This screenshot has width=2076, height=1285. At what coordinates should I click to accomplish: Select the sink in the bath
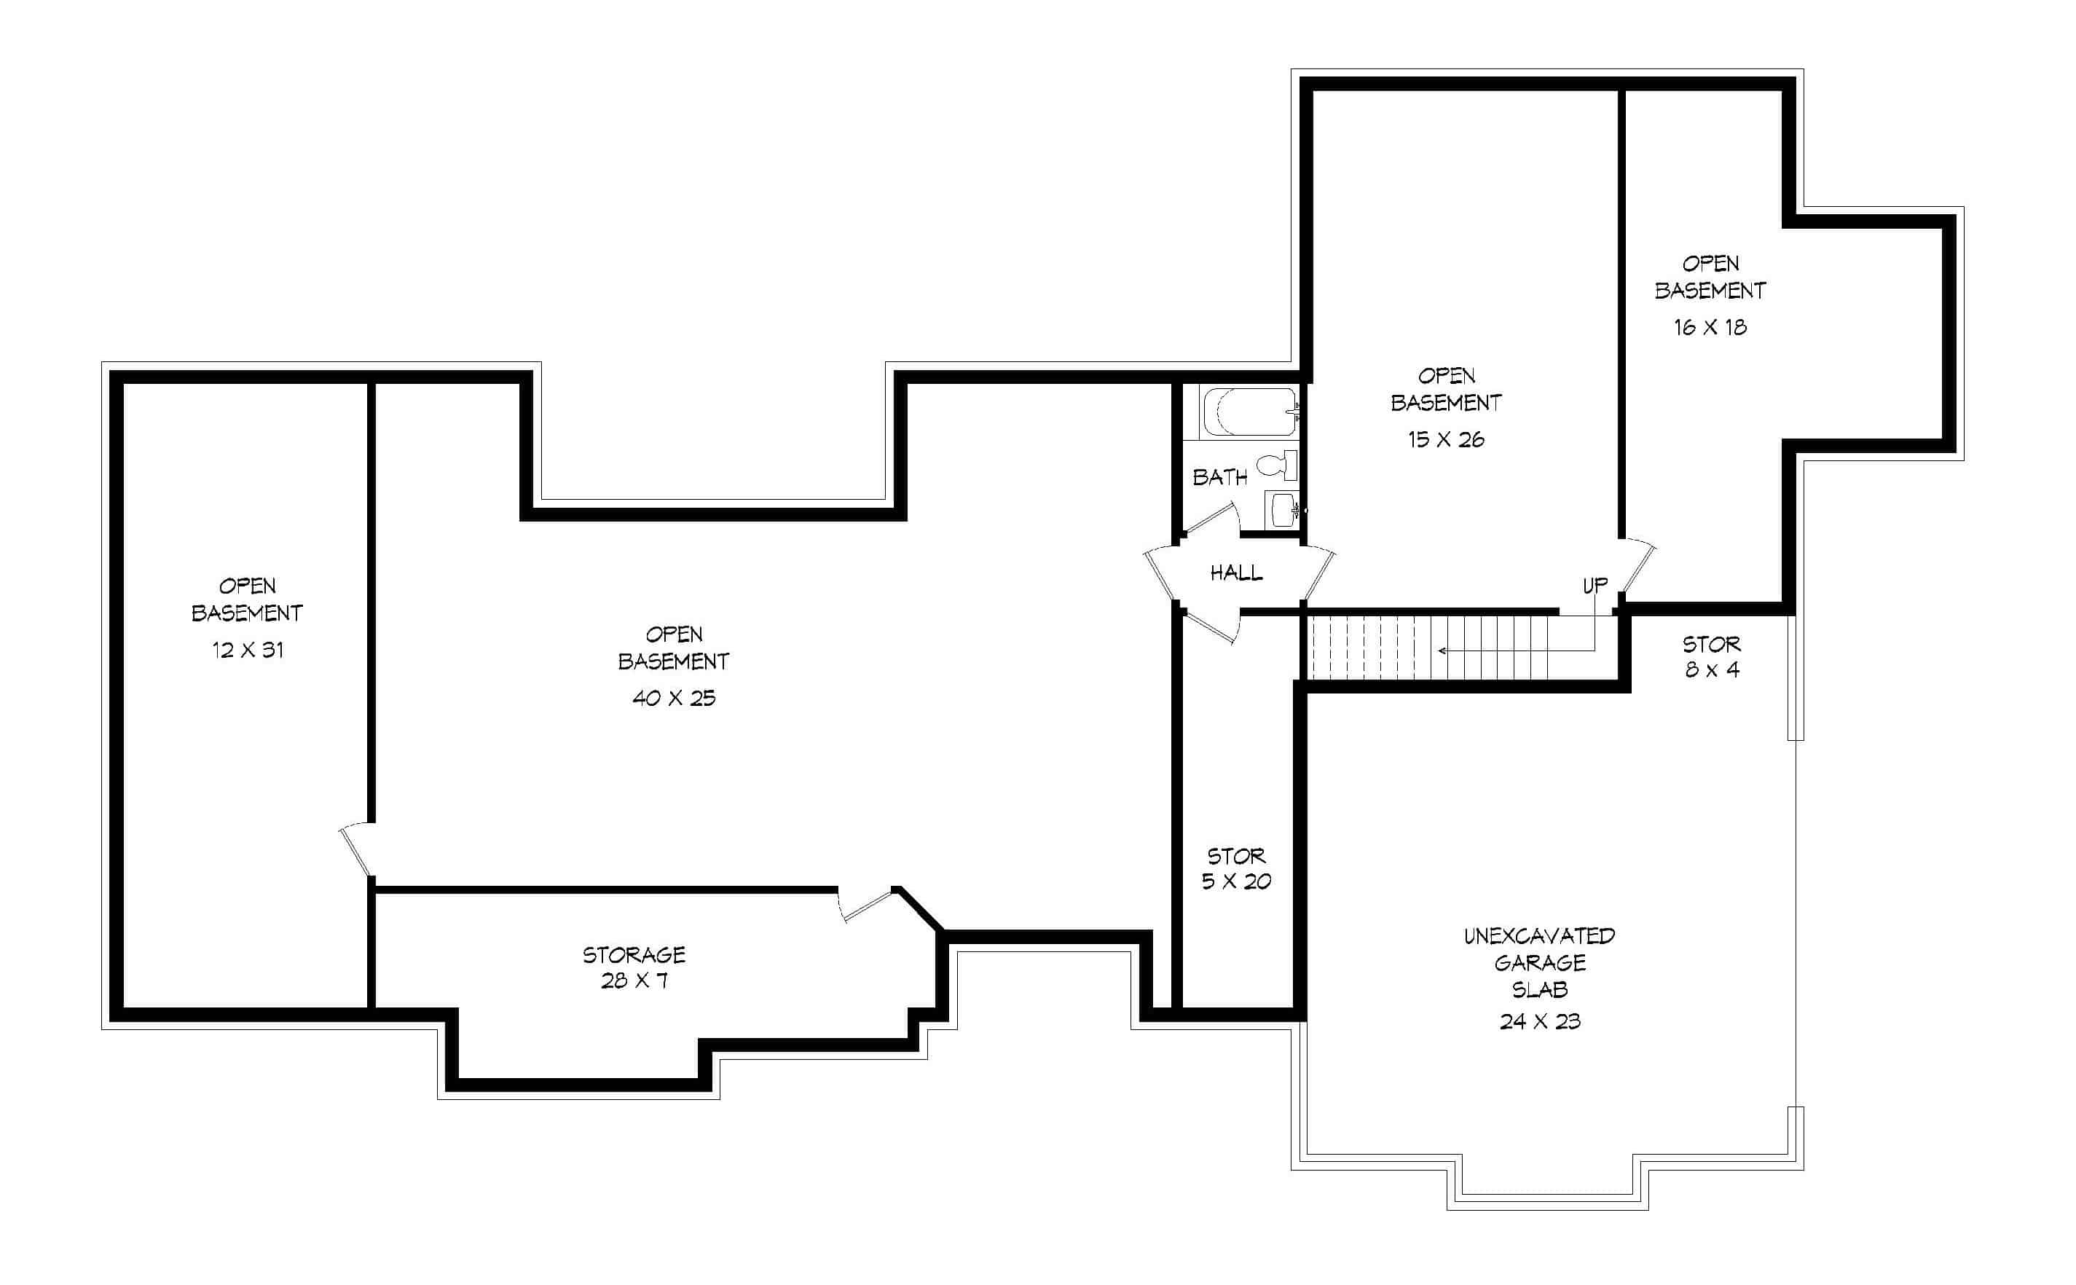pos(1281,509)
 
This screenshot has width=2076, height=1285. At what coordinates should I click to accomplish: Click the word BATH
pos(1219,478)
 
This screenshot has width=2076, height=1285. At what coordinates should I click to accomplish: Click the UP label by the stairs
pos(1595,586)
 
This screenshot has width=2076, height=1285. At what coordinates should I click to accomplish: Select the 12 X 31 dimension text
pos(247,650)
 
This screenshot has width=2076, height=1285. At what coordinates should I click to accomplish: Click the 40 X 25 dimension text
pos(674,699)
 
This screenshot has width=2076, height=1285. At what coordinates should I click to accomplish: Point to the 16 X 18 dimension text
pos(1710,327)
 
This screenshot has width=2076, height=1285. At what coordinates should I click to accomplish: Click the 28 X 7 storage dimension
pos(634,981)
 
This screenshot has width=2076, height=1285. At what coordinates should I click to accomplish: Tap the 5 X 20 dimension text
pos(1236,881)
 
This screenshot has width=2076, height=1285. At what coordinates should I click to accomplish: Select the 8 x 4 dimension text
pos(1713,670)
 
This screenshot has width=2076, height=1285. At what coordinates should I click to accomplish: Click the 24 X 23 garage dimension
pos(1540,1021)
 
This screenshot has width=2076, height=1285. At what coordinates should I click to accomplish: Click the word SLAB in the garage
pos(1540,990)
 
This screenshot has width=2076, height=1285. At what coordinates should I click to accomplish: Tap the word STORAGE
pos(634,955)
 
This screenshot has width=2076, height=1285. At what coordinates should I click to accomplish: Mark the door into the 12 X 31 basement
pos(357,849)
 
